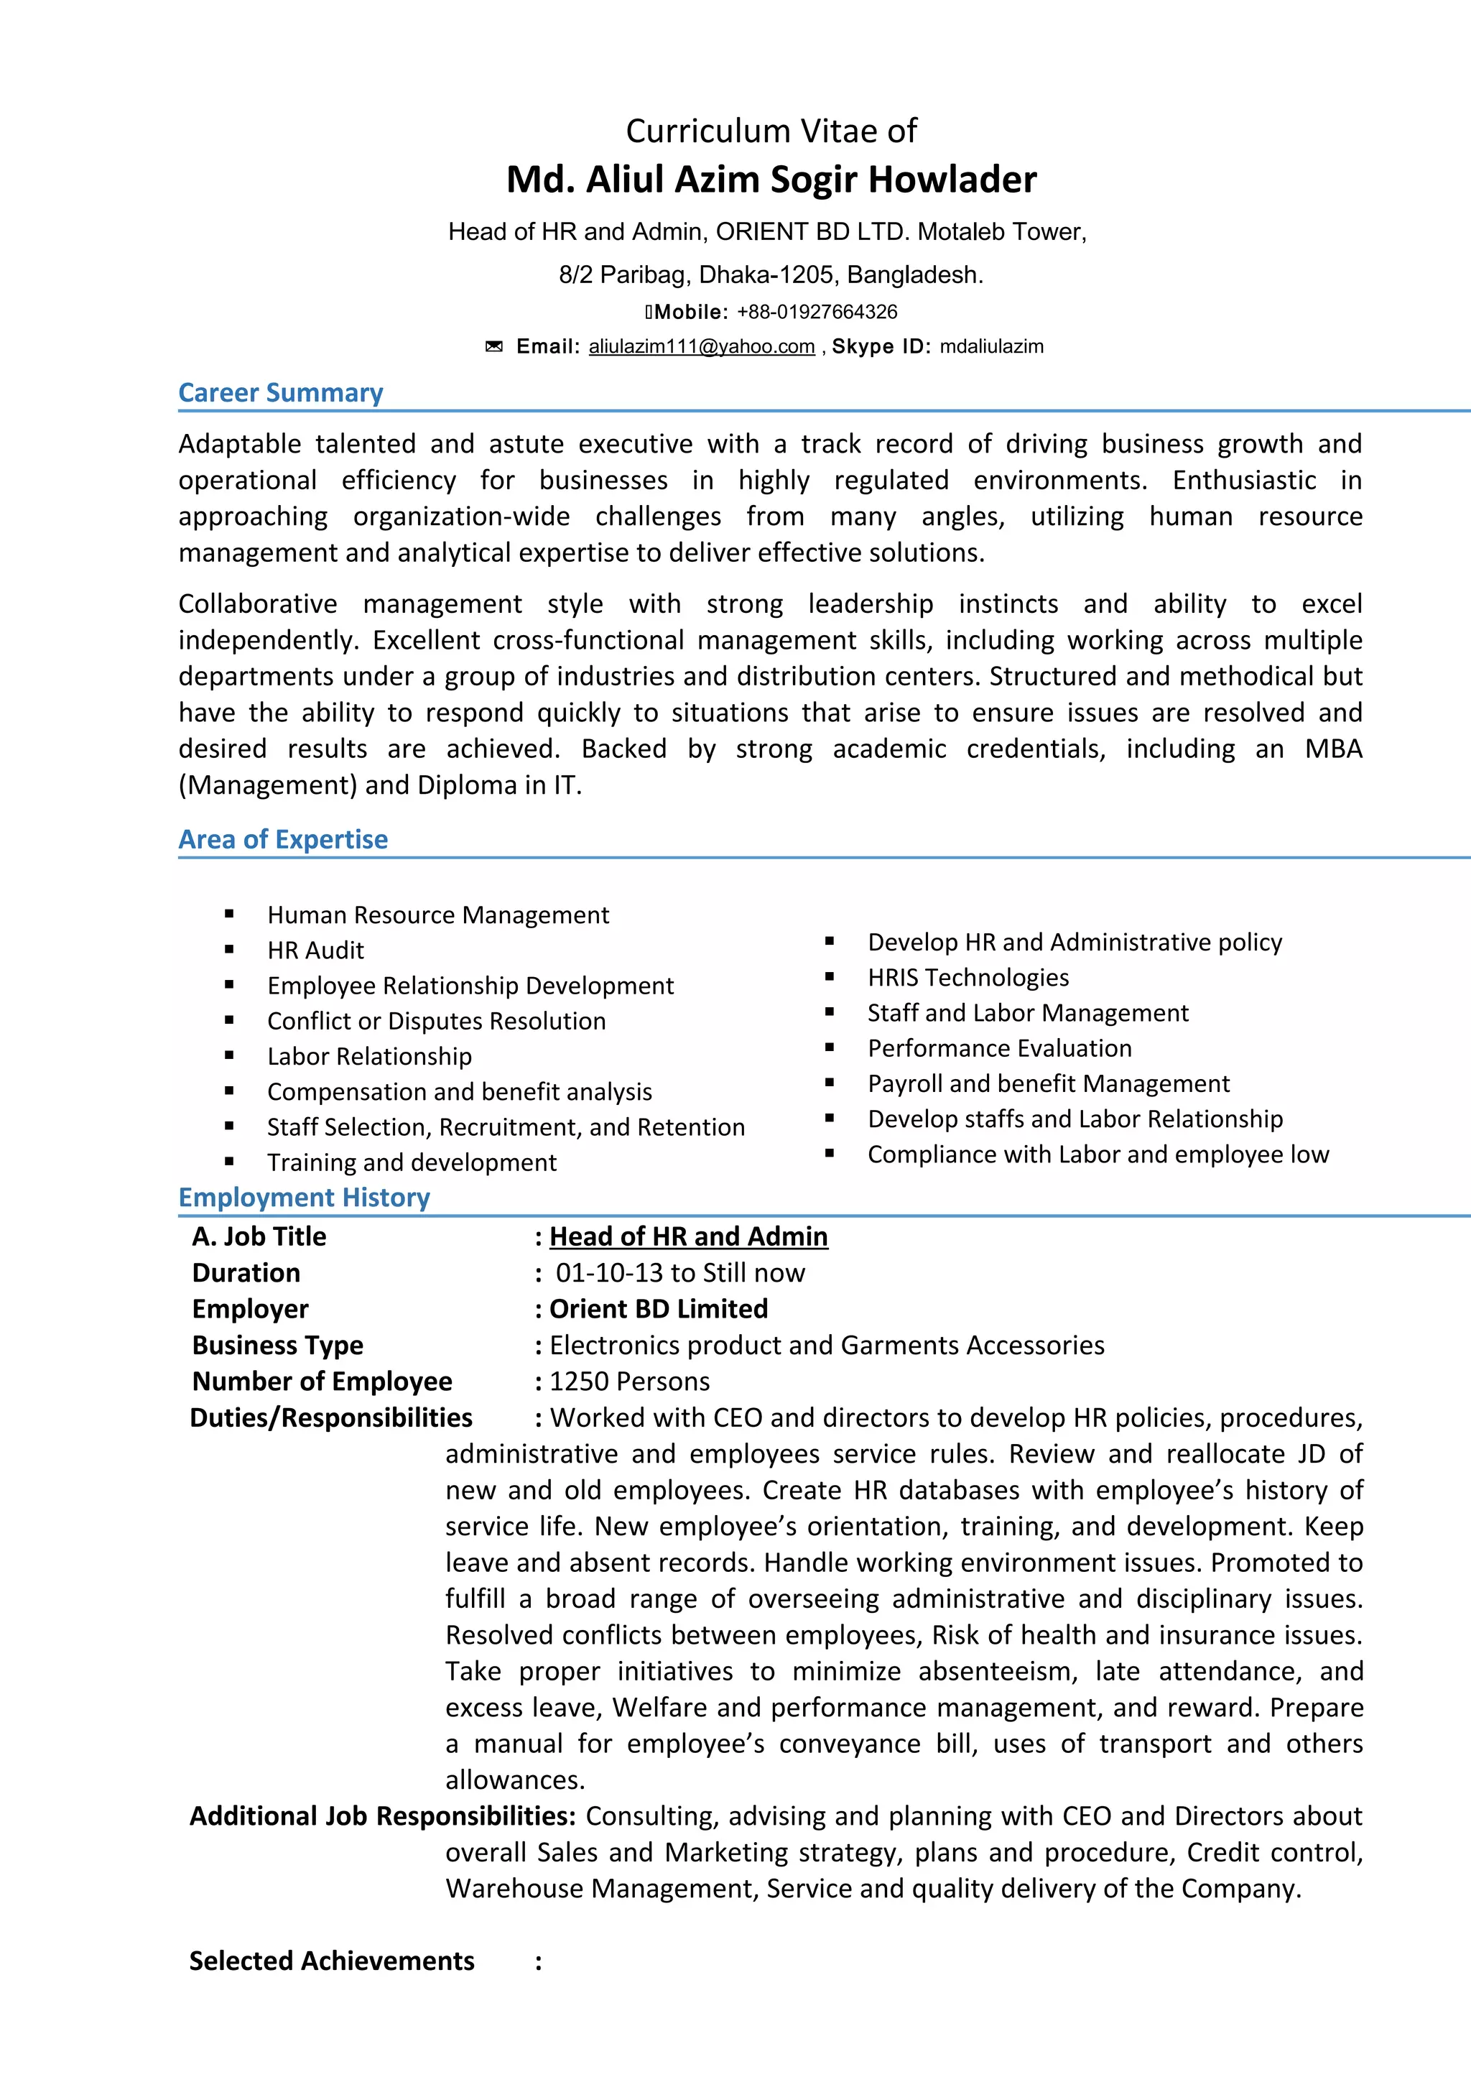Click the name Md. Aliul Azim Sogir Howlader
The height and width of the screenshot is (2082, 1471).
[x=771, y=180]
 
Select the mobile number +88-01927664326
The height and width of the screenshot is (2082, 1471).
[x=817, y=312]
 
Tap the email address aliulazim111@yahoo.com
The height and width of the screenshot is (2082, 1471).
[x=702, y=346]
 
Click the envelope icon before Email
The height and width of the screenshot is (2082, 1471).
[x=494, y=346]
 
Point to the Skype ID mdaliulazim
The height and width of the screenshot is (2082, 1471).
[x=991, y=346]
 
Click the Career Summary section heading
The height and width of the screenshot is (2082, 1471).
[x=280, y=393]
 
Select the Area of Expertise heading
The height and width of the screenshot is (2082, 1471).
[x=283, y=839]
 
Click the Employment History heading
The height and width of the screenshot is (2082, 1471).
[x=304, y=1197]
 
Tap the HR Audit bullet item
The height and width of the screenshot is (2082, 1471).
[x=315, y=950]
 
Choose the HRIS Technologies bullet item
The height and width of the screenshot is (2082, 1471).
[x=968, y=978]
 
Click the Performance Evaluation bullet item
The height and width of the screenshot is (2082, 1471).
[x=999, y=1048]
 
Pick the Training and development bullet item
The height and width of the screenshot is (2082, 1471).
[x=412, y=1162]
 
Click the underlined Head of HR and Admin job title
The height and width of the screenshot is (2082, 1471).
[x=688, y=1237]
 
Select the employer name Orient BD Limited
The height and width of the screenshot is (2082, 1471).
[x=658, y=1310]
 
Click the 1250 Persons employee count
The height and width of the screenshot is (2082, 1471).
[x=629, y=1382]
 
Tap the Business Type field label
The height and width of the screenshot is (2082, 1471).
[x=277, y=1346]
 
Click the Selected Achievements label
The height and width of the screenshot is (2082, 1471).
[x=331, y=1961]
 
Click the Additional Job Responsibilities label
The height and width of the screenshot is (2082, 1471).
[x=381, y=1816]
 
